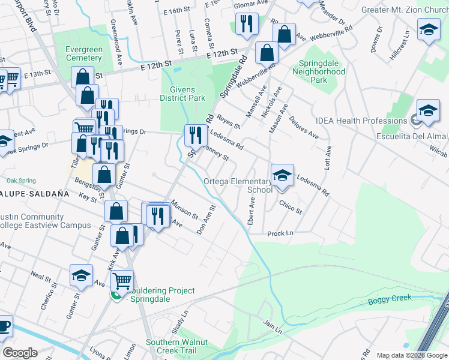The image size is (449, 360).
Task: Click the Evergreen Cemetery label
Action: point(77,53)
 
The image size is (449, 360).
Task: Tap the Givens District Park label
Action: point(183,94)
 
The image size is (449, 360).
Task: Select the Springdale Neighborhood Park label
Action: point(319,75)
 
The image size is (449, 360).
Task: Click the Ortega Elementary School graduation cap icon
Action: point(282,175)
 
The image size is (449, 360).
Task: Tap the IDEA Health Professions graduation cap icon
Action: point(428,111)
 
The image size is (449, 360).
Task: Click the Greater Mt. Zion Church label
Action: point(405,10)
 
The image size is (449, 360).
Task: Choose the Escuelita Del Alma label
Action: point(416,135)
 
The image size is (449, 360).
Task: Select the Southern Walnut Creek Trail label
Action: point(176,346)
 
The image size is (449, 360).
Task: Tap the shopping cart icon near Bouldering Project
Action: point(122,280)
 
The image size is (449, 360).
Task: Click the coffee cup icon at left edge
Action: point(3,326)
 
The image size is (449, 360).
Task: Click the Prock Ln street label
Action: point(280,233)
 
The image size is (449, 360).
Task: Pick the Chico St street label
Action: point(291,207)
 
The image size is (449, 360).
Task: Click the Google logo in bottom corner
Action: point(20,353)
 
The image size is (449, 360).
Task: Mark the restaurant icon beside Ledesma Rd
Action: point(195,135)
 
